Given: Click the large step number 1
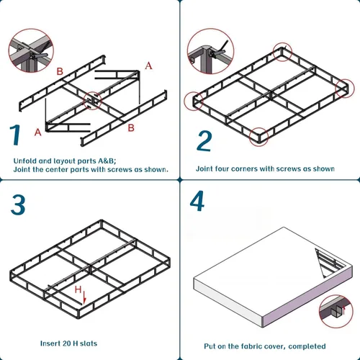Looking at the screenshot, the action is (x=15, y=135).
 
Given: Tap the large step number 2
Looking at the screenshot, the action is (x=204, y=141).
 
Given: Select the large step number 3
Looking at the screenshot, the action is (x=18, y=204).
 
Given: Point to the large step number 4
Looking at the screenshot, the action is (x=197, y=201).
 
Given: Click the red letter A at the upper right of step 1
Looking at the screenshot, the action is (x=148, y=66).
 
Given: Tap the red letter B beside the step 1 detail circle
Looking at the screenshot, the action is (x=60, y=71).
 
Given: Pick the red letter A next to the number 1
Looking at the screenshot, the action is (x=38, y=132).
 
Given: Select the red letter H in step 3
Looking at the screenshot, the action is (x=78, y=289).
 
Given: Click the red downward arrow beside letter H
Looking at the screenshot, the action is (x=84, y=297).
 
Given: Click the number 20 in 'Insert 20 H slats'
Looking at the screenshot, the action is (x=66, y=343).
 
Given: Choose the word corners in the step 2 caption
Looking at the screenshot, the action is (x=241, y=168).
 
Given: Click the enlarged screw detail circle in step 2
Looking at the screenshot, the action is (x=210, y=51).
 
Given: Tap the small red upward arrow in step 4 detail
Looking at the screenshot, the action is (x=343, y=310).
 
